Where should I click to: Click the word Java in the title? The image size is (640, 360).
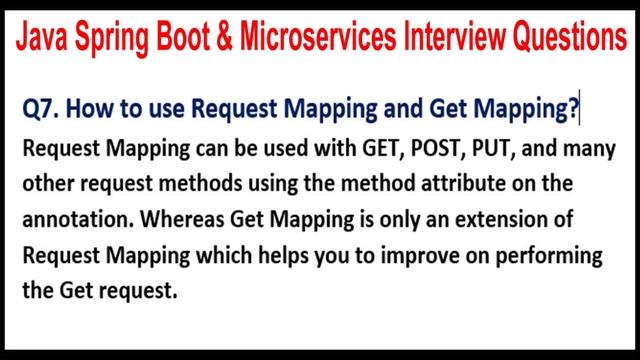(x=43, y=38)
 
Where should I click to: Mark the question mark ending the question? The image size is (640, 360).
(x=573, y=110)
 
